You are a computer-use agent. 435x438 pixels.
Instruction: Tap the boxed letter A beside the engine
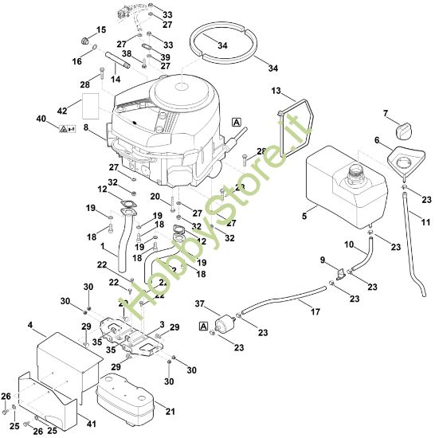coord(236,121)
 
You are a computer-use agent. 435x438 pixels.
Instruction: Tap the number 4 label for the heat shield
coord(30,326)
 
